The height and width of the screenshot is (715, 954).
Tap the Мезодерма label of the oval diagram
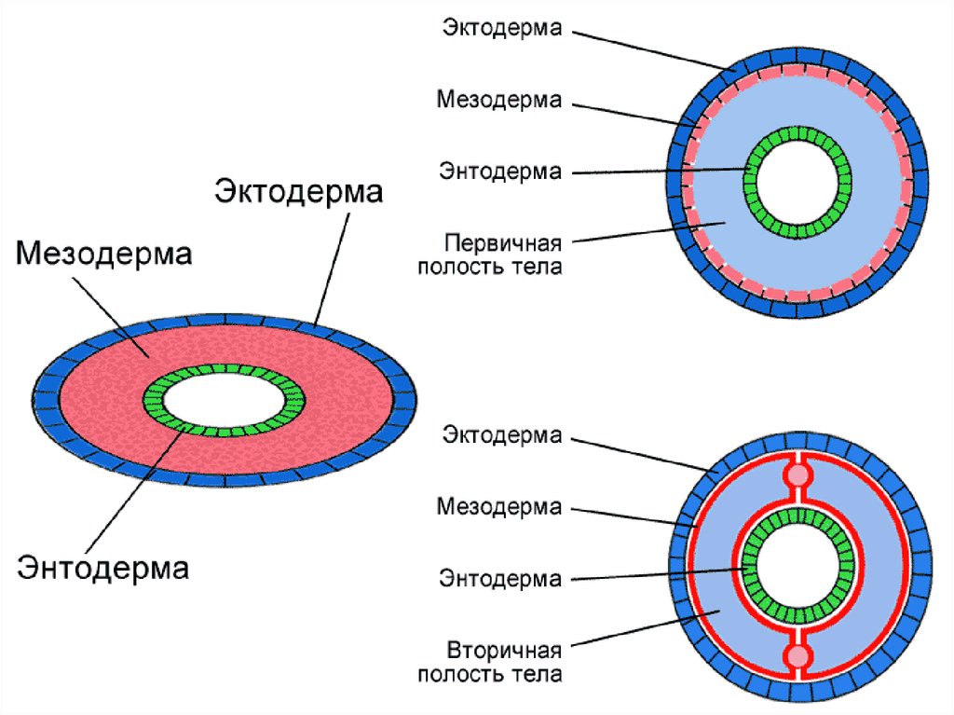click(103, 254)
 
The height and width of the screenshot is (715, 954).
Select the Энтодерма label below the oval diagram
click(103, 566)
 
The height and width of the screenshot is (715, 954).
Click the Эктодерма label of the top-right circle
click(501, 28)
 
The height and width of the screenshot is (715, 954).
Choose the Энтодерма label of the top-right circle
click(501, 172)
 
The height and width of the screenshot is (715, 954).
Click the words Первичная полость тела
click(503, 255)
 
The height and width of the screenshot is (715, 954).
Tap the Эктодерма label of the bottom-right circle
click(501, 435)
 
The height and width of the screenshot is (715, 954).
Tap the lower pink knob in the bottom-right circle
click(797, 658)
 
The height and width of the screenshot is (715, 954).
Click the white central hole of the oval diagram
click(225, 401)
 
